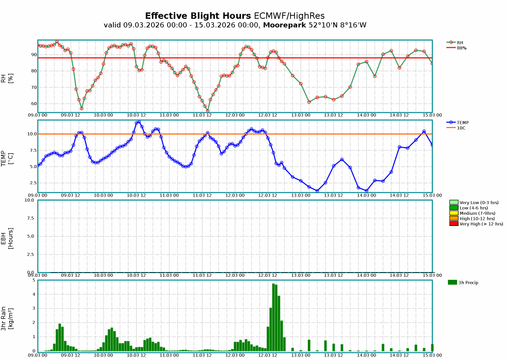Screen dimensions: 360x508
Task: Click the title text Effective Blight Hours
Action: pyautogui.click(x=198, y=16)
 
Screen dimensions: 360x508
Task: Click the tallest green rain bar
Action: pyautogui.click(x=273, y=317)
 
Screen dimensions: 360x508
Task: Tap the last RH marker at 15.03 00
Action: pyautogui.click(x=432, y=63)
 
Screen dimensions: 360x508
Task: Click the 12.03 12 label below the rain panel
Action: pyautogui.click(x=268, y=355)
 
